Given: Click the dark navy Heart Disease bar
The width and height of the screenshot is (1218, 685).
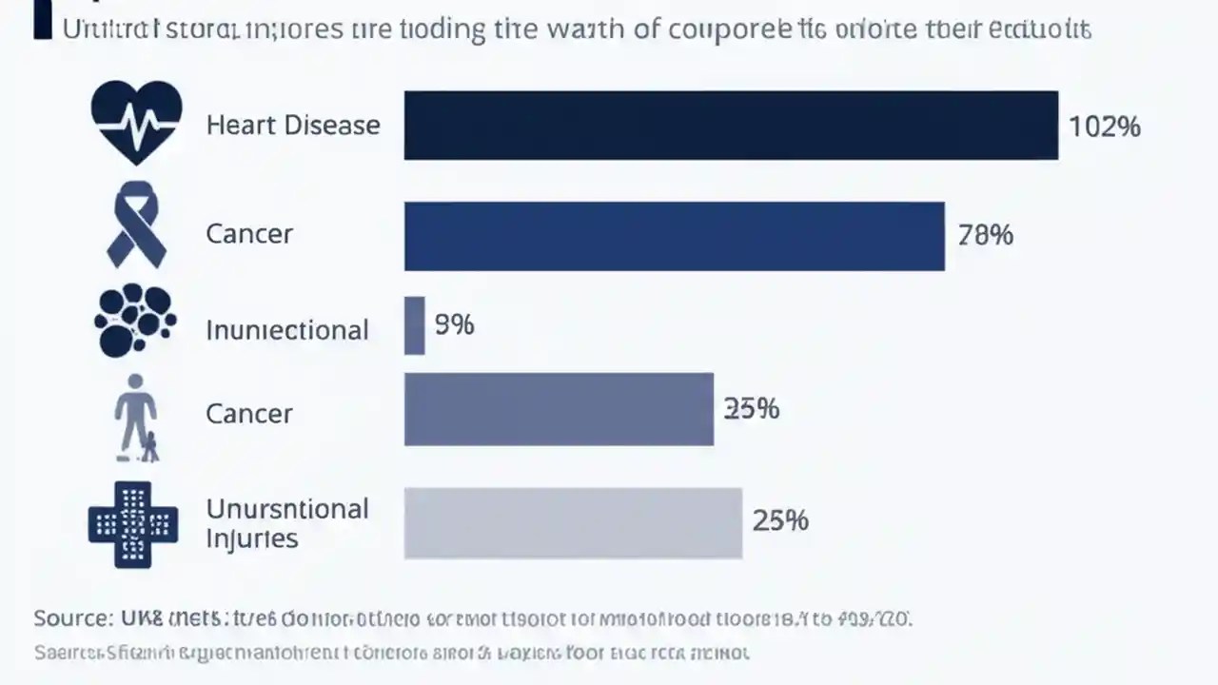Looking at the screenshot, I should (731, 126).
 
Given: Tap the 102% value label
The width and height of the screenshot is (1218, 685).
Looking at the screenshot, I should (1105, 127).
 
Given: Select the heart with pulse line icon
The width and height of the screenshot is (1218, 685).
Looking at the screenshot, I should (136, 123).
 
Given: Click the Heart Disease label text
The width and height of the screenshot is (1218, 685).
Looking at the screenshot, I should (293, 126).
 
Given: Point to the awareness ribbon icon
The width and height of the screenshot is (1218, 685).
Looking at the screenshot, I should (136, 225).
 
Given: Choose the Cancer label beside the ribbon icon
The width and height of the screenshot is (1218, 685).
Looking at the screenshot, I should (249, 234).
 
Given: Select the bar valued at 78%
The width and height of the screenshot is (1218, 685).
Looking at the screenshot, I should (674, 236).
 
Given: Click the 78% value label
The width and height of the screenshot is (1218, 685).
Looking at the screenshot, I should (985, 234).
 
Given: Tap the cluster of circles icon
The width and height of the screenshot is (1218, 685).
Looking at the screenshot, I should (134, 322).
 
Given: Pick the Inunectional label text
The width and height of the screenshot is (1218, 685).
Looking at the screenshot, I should (287, 330).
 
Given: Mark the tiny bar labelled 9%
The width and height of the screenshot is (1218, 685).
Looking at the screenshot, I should (414, 325).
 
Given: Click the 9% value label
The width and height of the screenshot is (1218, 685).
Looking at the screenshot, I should (454, 325).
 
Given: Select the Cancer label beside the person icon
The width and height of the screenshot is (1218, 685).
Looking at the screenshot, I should (249, 414).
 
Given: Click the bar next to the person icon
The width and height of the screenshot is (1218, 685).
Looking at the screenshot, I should (559, 409).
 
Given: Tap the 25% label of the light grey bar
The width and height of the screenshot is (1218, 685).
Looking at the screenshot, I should (780, 520).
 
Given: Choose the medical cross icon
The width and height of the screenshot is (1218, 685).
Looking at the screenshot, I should (133, 523).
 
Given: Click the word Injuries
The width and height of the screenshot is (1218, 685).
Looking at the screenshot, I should (252, 538).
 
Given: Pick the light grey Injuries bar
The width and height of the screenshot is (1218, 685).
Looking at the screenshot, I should (573, 522).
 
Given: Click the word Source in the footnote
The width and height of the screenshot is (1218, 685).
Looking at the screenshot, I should (71, 618).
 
